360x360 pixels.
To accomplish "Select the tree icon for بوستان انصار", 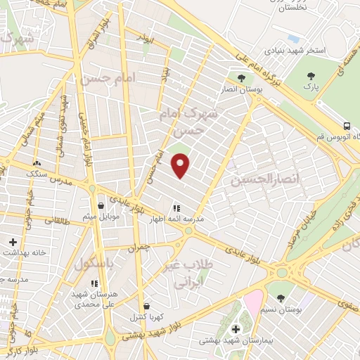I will pos(241,79).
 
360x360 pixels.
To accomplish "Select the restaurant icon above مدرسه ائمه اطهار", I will pos(176,209).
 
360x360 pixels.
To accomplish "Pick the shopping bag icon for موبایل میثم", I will pos(102,206).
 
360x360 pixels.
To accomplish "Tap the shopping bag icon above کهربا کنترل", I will pos(146,307).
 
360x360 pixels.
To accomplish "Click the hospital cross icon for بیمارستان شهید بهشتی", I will pos(236,329).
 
